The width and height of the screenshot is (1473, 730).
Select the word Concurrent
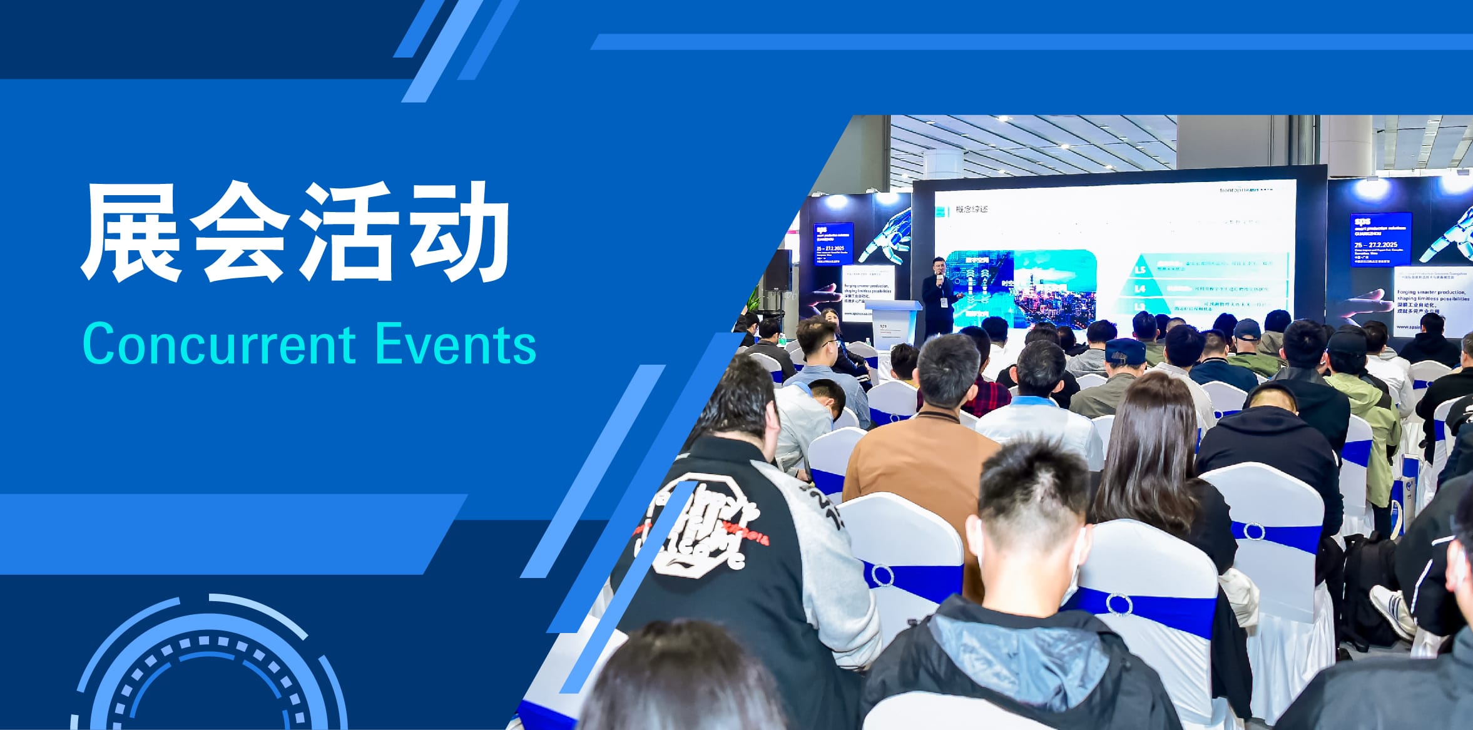[219, 345]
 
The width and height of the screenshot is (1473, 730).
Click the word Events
[456, 345]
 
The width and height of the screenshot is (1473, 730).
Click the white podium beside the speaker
[892, 319]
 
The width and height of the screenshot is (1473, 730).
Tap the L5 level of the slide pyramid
[1140, 270]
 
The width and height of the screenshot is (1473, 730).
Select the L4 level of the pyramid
[1140, 289]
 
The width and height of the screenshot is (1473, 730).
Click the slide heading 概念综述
[971, 210]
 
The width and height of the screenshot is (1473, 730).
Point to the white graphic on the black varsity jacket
[695, 532]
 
